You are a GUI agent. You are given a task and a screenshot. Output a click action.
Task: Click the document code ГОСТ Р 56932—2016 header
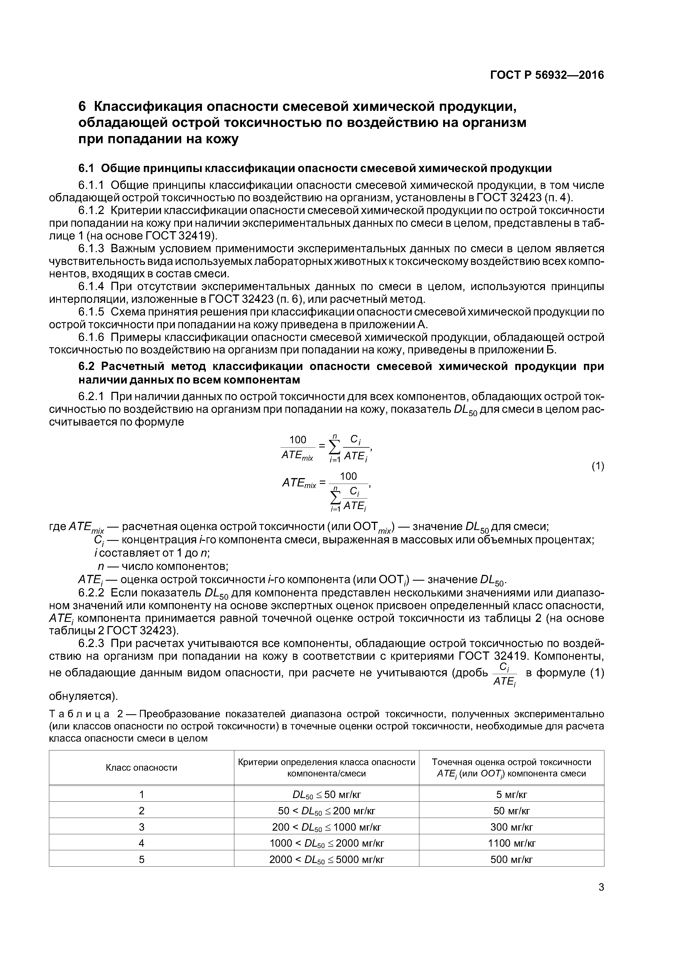tap(547, 75)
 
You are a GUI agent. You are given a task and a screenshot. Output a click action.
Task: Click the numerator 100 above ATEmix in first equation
tap(298, 440)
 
